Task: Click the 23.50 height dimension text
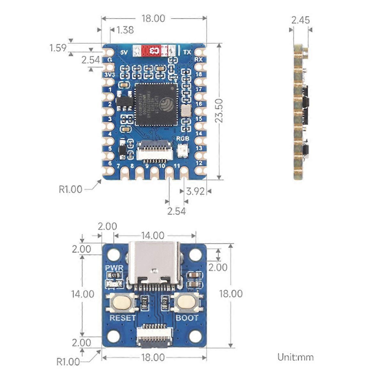(x=219, y=111)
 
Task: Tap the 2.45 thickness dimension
(x=300, y=20)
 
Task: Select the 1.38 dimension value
(x=125, y=30)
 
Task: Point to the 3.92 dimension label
(x=195, y=191)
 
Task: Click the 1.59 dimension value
(x=58, y=48)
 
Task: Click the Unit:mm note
(x=295, y=357)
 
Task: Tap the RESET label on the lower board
(x=123, y=318)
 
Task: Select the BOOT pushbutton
(x=187, y=302)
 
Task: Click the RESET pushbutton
(x=122, y=302)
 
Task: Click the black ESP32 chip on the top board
(x=156, y=105)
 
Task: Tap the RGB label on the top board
(x=183, y=139)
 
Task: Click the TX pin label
(x=187, y=52)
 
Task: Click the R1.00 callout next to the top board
(x=70, y=189)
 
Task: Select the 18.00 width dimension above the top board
(x=153, y=19)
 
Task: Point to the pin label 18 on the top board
(x=199, y=74)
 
